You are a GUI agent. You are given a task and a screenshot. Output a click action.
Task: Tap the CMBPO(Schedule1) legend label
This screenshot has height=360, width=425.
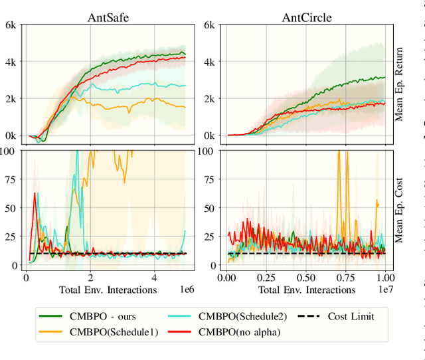[112, 332]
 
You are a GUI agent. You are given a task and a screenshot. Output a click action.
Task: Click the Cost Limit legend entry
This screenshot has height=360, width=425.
[351, 316]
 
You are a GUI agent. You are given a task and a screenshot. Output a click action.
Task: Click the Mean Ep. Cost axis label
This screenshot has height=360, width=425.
[399, 207]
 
